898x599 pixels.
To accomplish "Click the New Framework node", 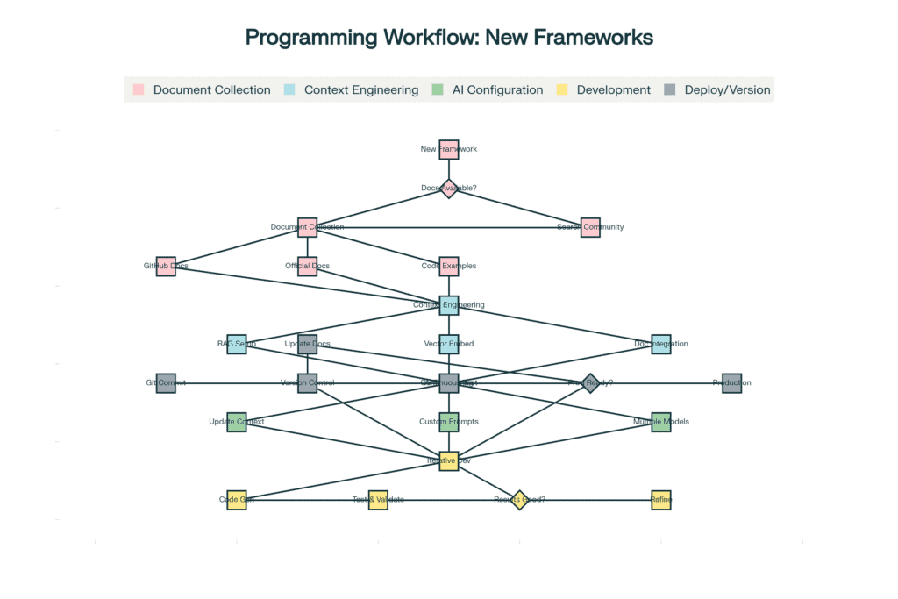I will (449, 149).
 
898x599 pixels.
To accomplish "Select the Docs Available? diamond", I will (449, 189).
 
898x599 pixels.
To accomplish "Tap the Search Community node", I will (590, 227).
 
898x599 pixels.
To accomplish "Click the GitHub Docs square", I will (166, 266).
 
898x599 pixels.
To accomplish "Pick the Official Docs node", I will (307, 266).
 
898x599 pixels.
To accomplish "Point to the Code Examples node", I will (449, 266).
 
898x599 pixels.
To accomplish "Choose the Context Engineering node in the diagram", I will (449, 305).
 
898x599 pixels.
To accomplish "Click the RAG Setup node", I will (237, 344).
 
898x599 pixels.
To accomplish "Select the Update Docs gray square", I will (307, 344).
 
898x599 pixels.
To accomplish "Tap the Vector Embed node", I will (449, 344).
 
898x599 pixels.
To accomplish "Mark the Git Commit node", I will (166, 383).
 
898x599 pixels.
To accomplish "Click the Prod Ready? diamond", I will (590, 383).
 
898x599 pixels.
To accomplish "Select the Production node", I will (732, 383).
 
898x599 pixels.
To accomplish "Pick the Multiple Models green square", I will (661, 422).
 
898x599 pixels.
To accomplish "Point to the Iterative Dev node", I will (449, 460).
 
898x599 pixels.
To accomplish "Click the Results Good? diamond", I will (519, 500).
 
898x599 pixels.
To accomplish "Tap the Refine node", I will (661, 500).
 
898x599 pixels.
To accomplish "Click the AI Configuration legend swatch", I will (438, 89).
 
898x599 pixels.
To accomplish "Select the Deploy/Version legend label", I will (727, 89).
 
